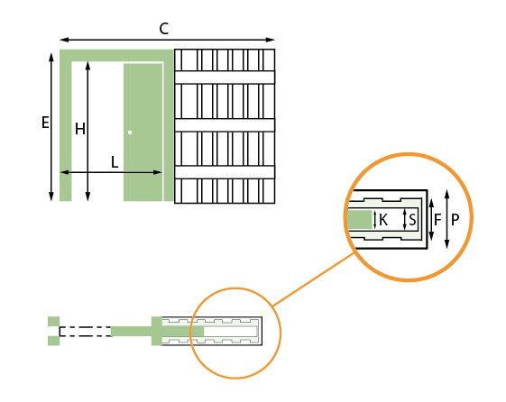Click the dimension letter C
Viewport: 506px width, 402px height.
pyautogui.click(x=164, y=29)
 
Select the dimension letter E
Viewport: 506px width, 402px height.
pyautogui.click(x=45, y=123)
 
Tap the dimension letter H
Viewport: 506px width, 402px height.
pyautogui.click(x=80, y=129)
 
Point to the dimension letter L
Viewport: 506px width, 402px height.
pyautogui.click(x=115, y=162)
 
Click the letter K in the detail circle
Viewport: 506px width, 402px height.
pyautogui.click(x=383, y=220)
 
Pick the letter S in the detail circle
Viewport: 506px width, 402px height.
pyautogui.click(x=412, y=220)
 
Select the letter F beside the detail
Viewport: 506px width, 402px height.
pyautogui.click(x=437, y=220)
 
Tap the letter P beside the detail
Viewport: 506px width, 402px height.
pyautogui.click(x=455, y=220)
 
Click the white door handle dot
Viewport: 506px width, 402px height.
pyautogui.click(x=130, y=132)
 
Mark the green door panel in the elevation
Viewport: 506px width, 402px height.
pyautogui.click(x=143, y=132)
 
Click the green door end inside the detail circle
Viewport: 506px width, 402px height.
pyautogui.click(x=360, y=220)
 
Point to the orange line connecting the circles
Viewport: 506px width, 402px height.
pyautogui.click(x=313, y=279)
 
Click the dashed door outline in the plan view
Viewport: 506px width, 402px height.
pyautogui.click(x=86, y=332)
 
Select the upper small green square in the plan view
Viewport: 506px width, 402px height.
pyautogui.click(x=54, y=322)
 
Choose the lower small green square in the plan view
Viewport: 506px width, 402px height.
pyautogui.click(x=54, y=341)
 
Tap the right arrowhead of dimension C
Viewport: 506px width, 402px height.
pyautogui.click(x=271, y=40)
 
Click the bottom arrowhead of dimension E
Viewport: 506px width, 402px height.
pyautogui.click(x=51, y=196)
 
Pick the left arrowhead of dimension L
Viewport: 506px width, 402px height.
pyautogui.click(x=65, y=172)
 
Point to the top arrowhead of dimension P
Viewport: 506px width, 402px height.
pyautogui.click(x=447, y=195)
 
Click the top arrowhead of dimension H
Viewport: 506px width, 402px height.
pyautogui.click(x=87, y=66)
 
